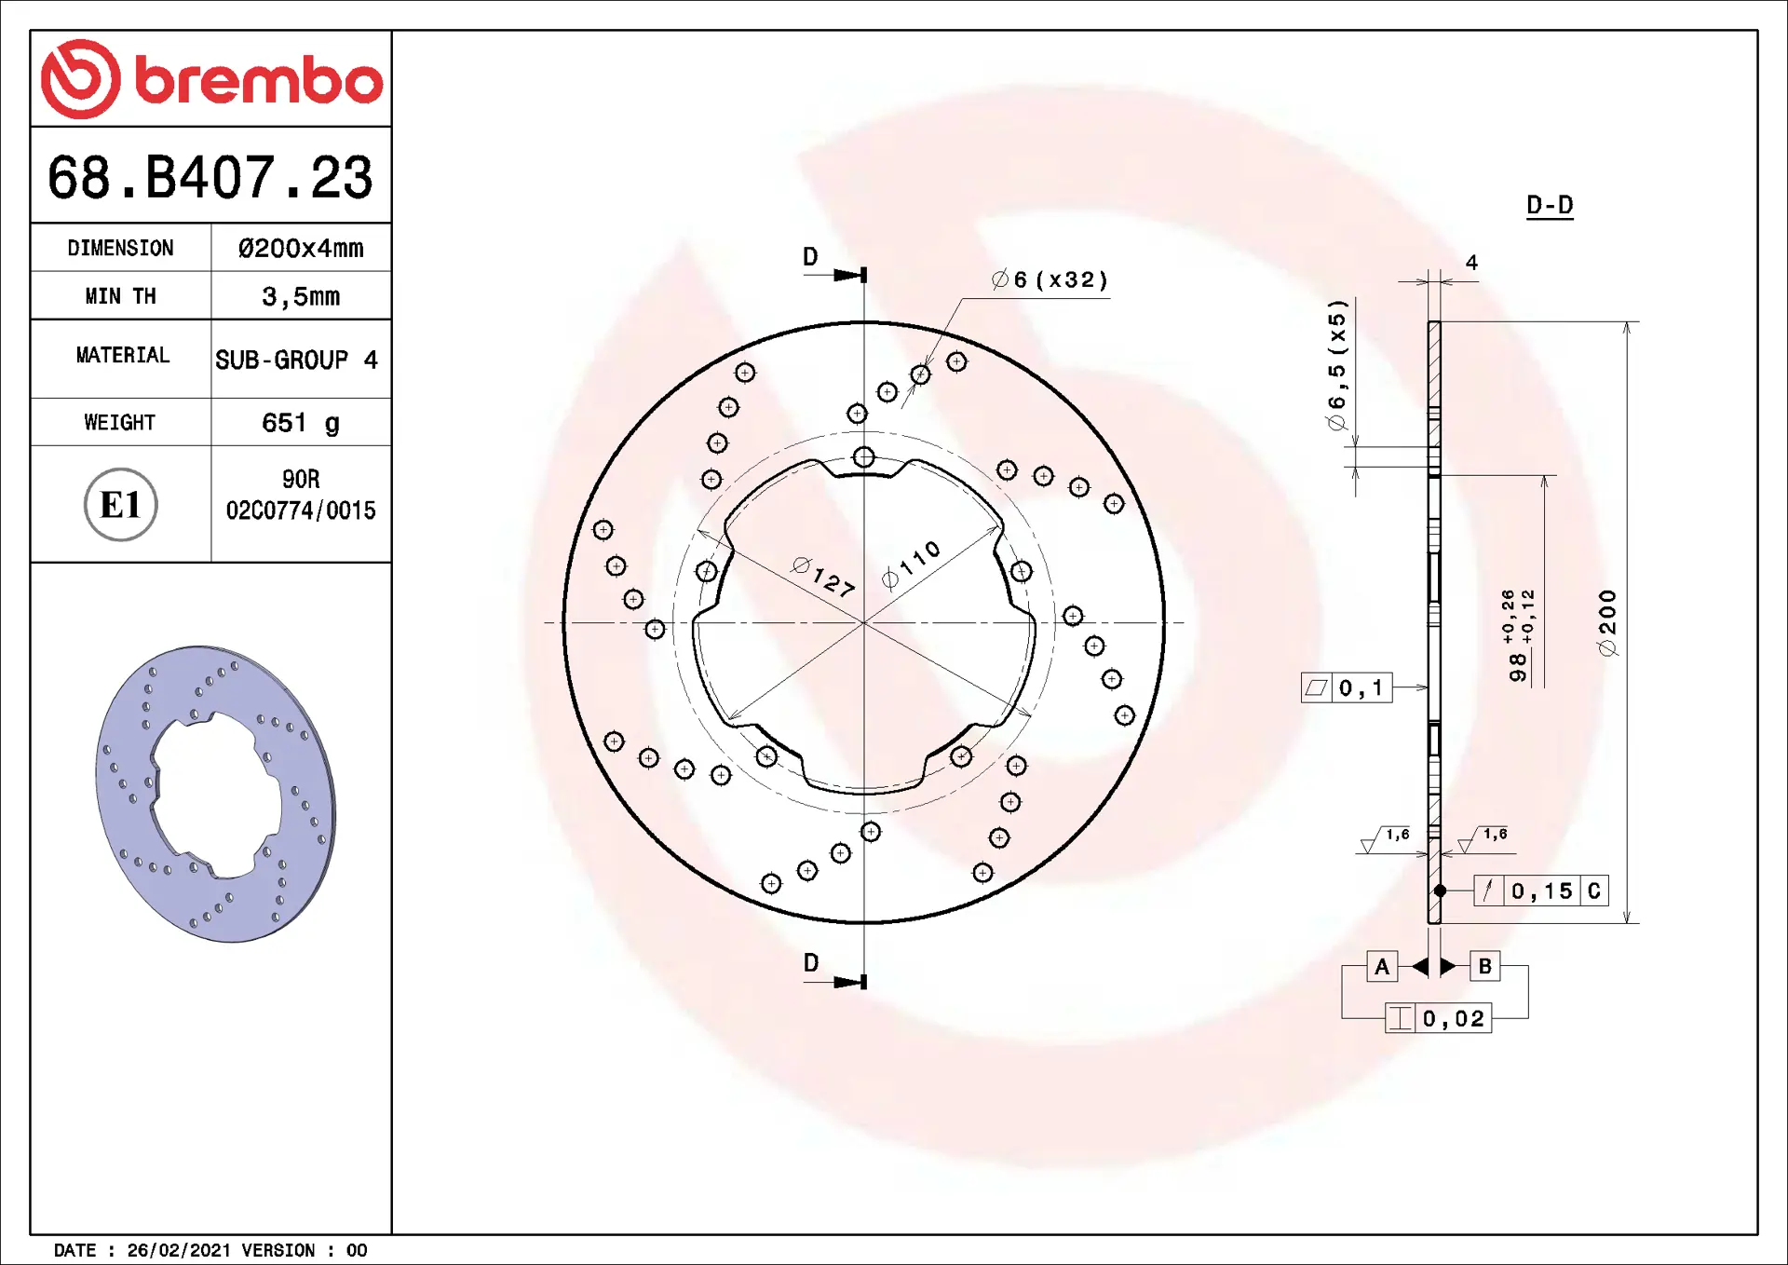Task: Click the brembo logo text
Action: coord(259,80)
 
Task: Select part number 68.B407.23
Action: coord(210,177)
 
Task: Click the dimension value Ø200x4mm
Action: coord(301,249)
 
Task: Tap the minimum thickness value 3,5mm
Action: coord(301,297)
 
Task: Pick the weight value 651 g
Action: coord(301,423)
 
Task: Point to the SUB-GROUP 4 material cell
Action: coord(296,360)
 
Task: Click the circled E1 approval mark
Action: coord(121,504)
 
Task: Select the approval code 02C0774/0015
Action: coord(301,510)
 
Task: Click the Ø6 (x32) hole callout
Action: coord(1050,279)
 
